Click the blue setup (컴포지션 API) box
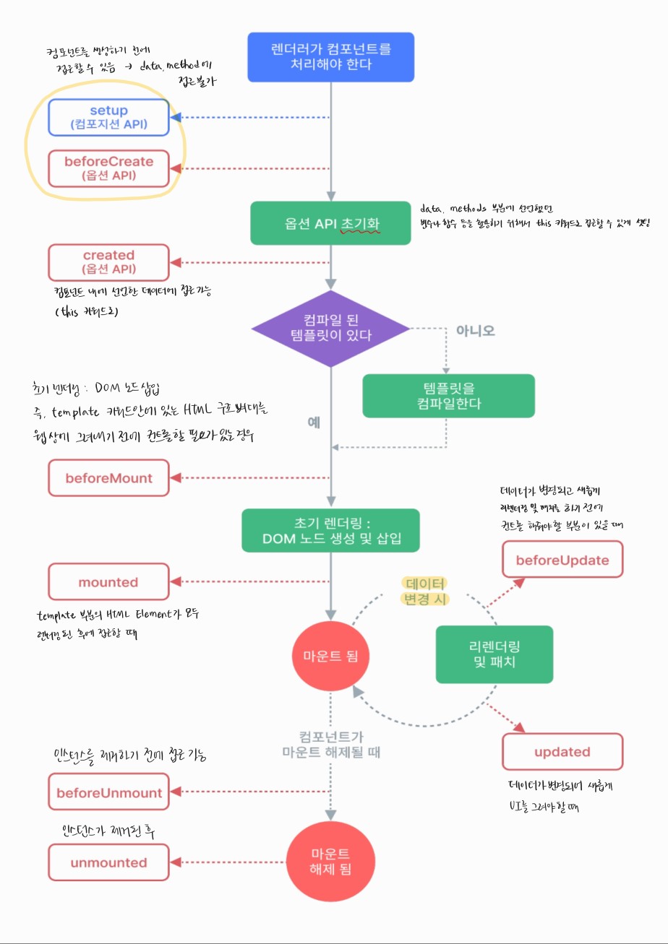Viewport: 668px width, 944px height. tap(109, 117)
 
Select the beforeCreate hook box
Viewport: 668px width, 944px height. tap(109, 168)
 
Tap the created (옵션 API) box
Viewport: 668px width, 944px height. tap(109, 261)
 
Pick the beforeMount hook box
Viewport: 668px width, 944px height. tap(109, 478)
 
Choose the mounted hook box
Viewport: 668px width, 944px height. tap(109, 582)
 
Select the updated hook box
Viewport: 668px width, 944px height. tap(562, 752)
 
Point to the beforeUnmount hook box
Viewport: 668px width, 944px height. tap(109, 792)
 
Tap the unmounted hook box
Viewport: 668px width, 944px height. tap(109, 862)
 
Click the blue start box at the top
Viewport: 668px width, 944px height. tap(330, 56)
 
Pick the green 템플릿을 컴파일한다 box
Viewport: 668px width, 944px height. tap(448, 395)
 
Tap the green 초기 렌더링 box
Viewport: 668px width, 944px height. tap(330, 530)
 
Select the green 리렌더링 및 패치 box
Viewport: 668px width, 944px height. tap(494, 654)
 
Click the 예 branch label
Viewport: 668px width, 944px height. tap(314, 423)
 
